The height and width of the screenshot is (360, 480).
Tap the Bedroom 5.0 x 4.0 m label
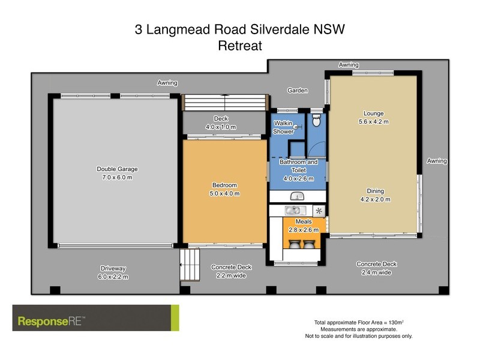(x=225, y=189)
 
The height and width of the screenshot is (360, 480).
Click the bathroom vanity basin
(x=298, y=196)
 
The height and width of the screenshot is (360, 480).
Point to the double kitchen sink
(x=295, y=211)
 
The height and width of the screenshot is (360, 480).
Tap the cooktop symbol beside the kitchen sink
(x=319, y=211)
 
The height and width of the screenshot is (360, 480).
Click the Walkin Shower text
(x=283, y=127)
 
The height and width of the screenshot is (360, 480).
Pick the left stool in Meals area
(x=295, y=245)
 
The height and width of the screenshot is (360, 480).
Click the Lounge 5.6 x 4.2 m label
(x=373, y=118)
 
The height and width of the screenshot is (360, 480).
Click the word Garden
(x=297, y=91)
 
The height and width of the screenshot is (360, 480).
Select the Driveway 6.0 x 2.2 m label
(x=113, y=272)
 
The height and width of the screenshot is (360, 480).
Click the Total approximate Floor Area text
(x=358, y=322)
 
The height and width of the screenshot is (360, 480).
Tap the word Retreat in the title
(x=240, y=46)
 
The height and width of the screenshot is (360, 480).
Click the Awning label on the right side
(x=437, y=161)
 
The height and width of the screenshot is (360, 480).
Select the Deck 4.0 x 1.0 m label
(x=221, y=123)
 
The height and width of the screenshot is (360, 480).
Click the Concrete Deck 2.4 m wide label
(x=376, y=268)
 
